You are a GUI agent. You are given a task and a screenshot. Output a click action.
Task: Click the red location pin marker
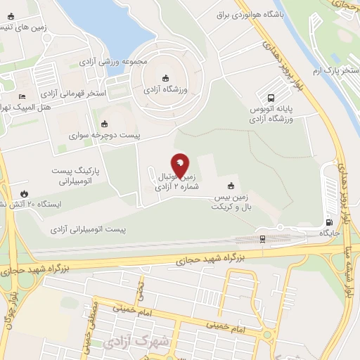tap(180, 165)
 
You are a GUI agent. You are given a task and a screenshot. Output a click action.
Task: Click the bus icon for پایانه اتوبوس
tap(271, 98)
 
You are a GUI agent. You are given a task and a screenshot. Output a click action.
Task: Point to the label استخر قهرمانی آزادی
tap(73, 93)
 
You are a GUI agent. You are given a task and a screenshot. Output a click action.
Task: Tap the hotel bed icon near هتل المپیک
tap(22, 96)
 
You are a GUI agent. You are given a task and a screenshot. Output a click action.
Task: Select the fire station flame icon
tap(25, 193)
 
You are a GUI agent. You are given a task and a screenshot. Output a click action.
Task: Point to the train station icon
tap(262, 239)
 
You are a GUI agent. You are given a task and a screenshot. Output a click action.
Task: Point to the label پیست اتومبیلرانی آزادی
tap(87, 230)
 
